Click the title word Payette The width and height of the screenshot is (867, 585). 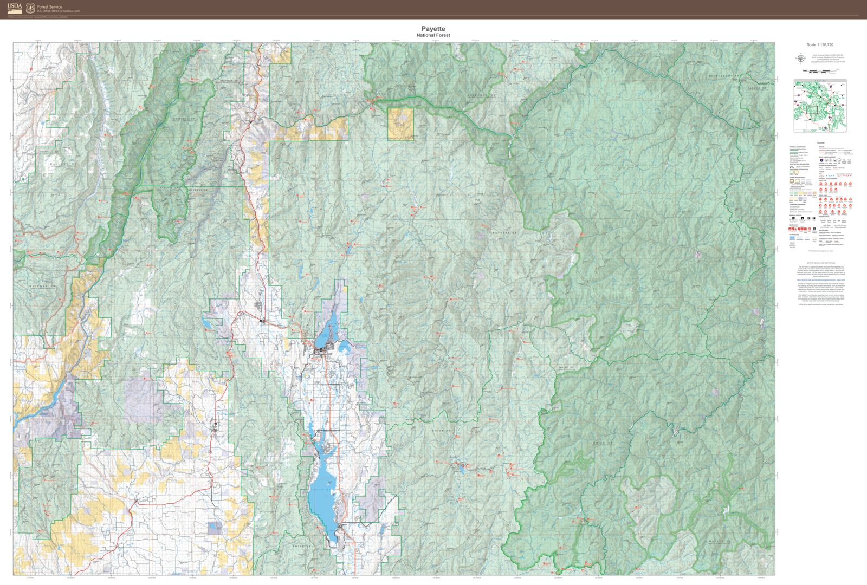click(x=433, y=29)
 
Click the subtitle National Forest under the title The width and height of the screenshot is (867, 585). click(x=433, y=35)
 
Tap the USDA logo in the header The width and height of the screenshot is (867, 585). click(x=15, y=8)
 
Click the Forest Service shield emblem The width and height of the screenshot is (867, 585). click(x=30, y=8)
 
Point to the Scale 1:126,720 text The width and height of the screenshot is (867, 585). click(x=820, y=44)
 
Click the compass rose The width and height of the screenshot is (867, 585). click(x=800, y=58)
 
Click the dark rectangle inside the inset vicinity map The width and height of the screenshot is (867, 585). click(x=811, y=109)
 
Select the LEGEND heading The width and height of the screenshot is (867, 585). click(x=820, y=143)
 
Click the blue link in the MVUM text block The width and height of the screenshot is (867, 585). click(x=820, y=280)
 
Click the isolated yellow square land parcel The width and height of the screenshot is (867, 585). click(x=400, y=124)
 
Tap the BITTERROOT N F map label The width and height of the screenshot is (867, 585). click(x=724, y=76)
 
